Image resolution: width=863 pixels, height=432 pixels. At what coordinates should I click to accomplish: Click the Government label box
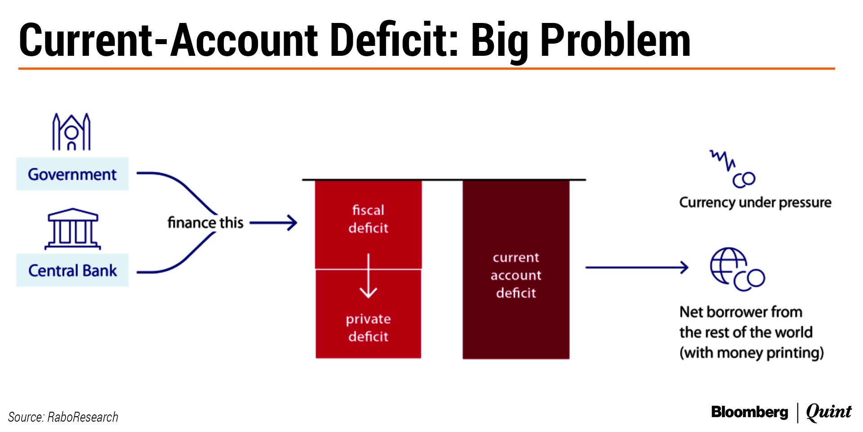pos(72,174)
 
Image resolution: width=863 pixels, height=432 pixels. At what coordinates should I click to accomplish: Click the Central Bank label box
pos(72,270)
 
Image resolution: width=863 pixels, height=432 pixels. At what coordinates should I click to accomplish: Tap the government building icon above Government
pos(71,131)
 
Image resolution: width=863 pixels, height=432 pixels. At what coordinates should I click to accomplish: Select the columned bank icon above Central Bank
pos(73,229)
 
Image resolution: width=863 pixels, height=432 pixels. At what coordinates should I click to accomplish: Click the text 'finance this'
pos(205,222)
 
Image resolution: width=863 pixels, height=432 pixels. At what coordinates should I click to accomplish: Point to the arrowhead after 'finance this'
pos(293,222)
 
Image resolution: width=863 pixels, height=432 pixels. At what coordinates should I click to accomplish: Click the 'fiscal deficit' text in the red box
pos(368,219)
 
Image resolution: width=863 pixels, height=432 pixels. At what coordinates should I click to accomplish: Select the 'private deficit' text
pos(368,328)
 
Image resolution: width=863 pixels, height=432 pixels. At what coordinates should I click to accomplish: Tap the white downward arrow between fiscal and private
pos(368,276)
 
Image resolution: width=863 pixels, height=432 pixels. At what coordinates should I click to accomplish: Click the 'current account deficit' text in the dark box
pos(516,275)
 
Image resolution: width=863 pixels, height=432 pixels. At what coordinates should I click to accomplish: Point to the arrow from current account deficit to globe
pos(636,267)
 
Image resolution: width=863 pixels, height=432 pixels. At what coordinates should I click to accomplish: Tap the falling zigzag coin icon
pos(733,169)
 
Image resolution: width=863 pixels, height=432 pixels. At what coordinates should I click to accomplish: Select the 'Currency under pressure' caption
pos(755,202)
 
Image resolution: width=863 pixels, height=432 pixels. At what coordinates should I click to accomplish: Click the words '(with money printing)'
pos(752,353)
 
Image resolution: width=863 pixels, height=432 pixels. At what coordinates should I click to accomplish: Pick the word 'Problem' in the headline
pos(615,40)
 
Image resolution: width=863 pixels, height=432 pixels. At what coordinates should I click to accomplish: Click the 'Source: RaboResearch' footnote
pos(63,417)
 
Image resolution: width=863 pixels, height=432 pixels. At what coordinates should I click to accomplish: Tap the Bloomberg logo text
pos(750,412)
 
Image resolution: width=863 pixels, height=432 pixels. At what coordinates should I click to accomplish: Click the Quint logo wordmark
pos(829,412)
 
